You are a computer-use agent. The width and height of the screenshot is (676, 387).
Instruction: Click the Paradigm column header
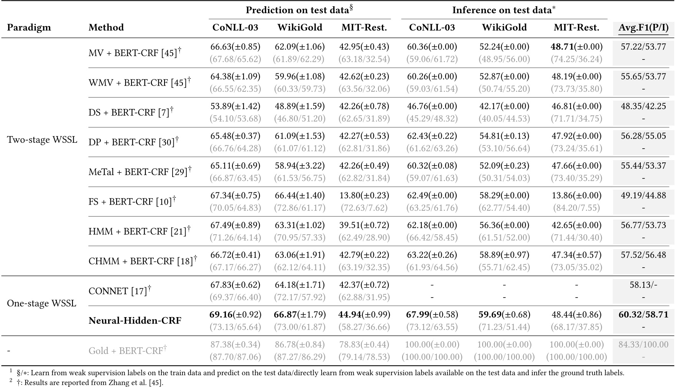[29, 28]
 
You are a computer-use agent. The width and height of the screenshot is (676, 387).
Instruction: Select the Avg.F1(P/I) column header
[643, 28]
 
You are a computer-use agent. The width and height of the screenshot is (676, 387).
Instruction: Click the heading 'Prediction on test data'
[299, 10]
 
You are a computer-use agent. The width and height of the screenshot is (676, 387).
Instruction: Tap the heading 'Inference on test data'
[504, 10]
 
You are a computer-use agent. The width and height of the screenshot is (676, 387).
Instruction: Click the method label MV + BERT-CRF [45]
[135, 53]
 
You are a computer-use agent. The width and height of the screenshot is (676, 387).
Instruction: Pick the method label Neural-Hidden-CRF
[135, 321]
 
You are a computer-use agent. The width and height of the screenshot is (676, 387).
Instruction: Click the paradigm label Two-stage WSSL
[42, 140]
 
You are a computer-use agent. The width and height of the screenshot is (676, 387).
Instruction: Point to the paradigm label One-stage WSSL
[41, 303]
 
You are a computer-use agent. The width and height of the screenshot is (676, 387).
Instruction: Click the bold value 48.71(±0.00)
[576, 47]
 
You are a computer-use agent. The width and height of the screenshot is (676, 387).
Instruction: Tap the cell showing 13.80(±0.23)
[364, 195]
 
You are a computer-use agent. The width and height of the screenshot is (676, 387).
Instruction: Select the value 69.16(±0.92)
[235, 315]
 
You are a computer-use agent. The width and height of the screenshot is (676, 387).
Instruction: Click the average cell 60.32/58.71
[643, 315]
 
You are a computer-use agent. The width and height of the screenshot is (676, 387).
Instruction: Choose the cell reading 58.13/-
[643, 285]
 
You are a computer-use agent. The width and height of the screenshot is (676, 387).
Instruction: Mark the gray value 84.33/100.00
[643, 344]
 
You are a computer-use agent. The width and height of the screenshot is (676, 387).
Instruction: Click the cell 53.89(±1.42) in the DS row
[235, 106]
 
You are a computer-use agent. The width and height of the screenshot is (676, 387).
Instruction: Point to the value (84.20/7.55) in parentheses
[576, 208]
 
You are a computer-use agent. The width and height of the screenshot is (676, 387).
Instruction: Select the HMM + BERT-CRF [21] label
[139, 231]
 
